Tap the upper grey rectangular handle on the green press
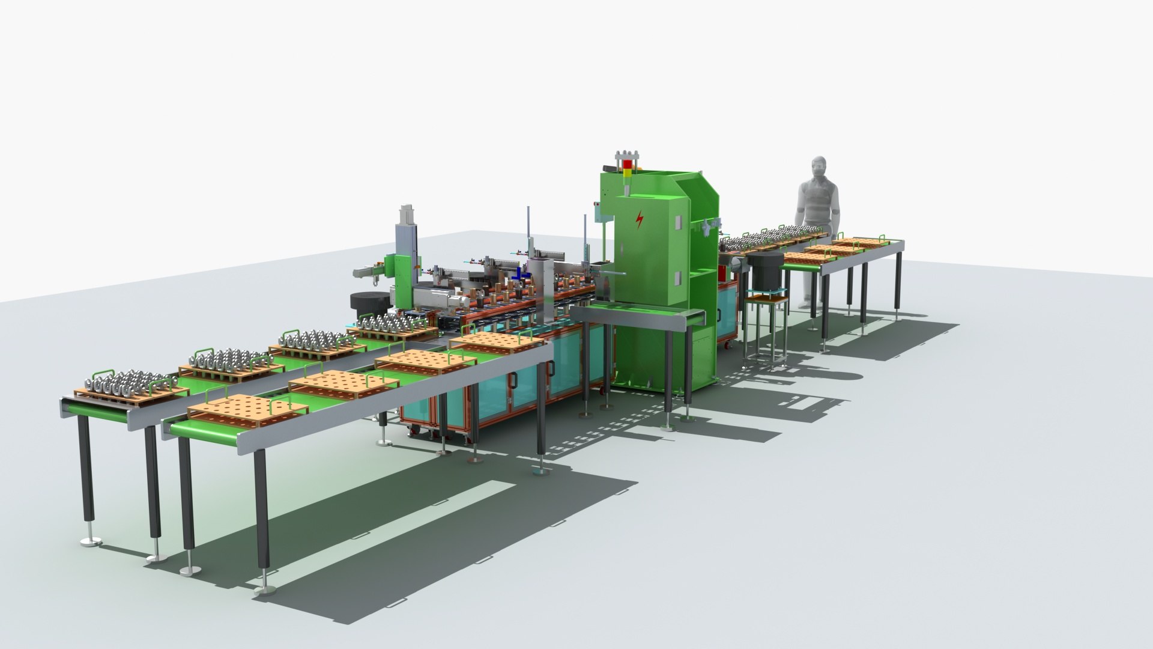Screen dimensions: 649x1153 [x=677, y=222]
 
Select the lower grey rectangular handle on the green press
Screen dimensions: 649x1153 [x=677, y=278]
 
